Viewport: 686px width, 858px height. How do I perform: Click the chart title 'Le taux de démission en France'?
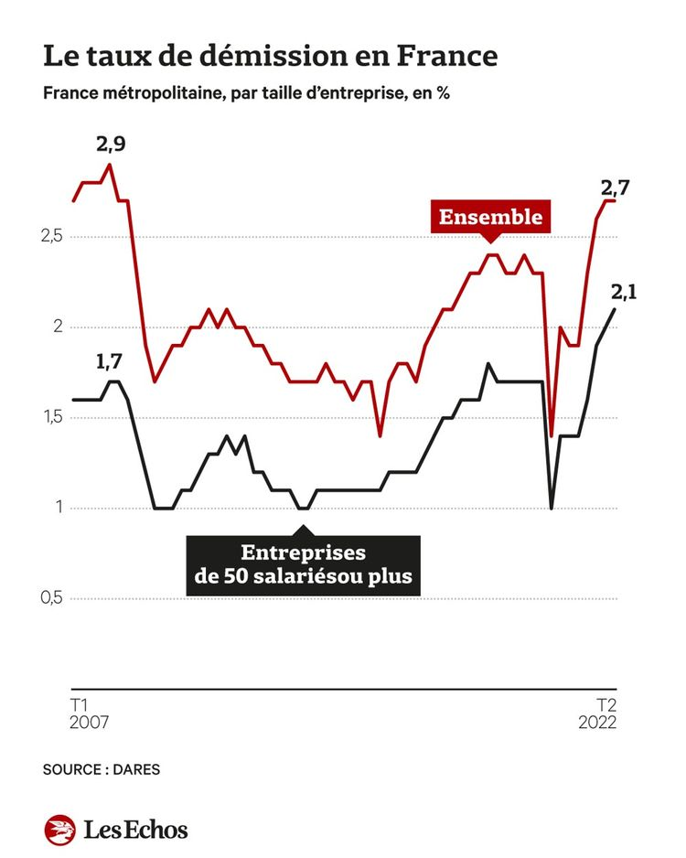[270, 56]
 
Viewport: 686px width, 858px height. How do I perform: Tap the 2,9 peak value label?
[110, 144]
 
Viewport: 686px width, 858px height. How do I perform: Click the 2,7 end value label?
[615, 188]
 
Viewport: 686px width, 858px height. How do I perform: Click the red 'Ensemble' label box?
[490, 217]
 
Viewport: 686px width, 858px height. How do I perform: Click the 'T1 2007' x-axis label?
[89, 713]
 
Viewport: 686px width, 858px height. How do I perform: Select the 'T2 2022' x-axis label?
[596, 713]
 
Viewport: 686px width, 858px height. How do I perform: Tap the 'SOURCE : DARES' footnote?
[101, 769]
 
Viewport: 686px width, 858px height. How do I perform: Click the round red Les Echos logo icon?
[59, 829]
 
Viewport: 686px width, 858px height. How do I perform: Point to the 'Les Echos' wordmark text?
[135, 830]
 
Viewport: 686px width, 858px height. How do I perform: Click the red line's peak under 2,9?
[110, 165]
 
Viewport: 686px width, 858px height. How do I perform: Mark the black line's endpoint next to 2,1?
[615, 309]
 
